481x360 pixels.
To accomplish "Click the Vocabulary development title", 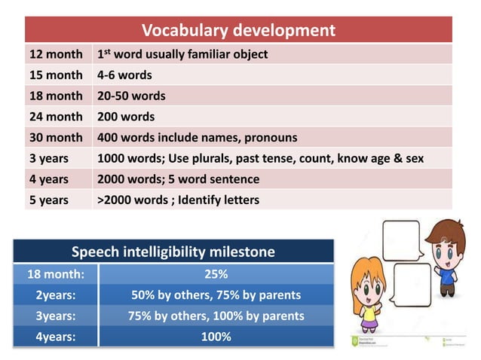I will coord(238,31).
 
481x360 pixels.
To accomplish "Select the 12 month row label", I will coord(56,55).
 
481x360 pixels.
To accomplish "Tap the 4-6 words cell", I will coord(124,75).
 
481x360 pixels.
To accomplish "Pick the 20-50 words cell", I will coord(131,96).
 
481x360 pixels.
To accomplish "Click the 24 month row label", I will coord(56,117).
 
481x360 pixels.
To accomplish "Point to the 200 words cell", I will coord(126,117).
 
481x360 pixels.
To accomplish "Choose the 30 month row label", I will coord(56,138).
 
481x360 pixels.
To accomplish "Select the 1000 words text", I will coord(127,159).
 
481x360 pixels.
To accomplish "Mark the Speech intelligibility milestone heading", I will coord(173,252).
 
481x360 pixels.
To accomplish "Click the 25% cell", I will coord(216,273).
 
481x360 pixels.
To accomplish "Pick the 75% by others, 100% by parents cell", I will coord(216,316).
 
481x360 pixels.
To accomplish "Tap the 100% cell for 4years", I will coord(216,337).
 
